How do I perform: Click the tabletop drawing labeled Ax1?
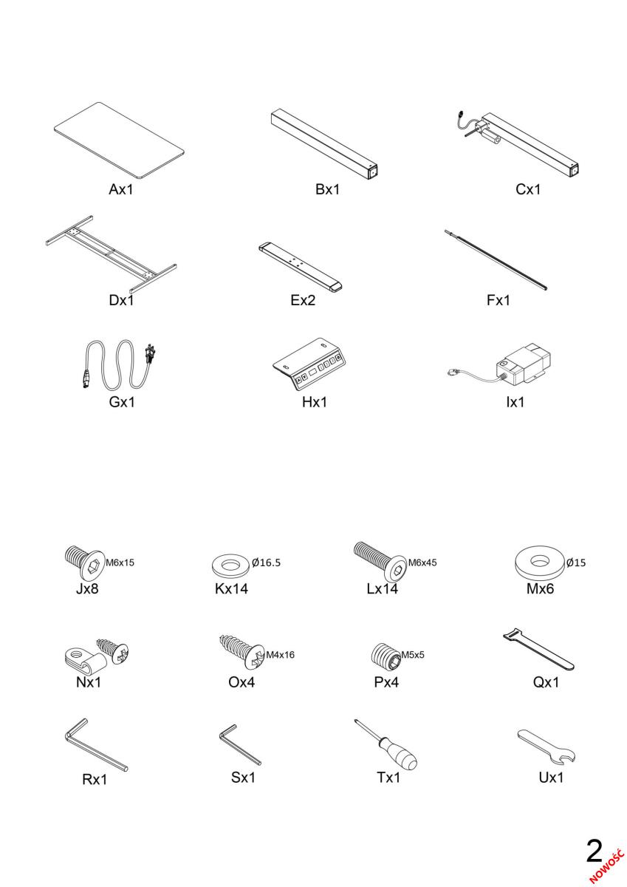[x=119, y=140]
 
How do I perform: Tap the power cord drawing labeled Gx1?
[x=119, y=364]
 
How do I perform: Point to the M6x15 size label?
[x=120, y=563]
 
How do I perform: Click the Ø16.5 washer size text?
[x=266, y=563]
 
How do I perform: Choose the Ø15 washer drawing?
[x=540, y=563]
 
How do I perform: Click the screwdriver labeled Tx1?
[x=386, y=744]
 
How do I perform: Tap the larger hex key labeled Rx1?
[x=96, y=747]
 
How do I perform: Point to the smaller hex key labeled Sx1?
[x=240, y=745]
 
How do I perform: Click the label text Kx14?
[x=231, y=589]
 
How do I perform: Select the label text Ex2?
[x=303, y=300]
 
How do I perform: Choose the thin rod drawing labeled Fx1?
[x=496, y=259]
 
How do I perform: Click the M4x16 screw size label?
[x=280, y=655]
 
